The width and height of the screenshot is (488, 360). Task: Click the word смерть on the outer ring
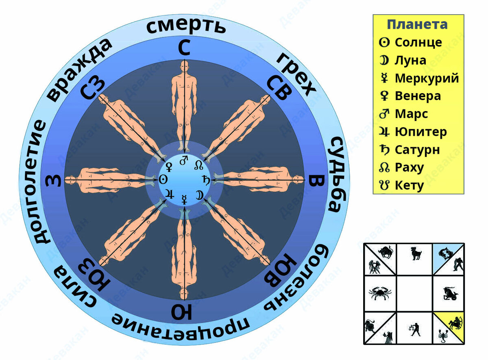pyautogui.click(x=185, y=26)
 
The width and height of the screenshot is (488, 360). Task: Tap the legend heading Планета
pyautogui.click(x=417, y=24)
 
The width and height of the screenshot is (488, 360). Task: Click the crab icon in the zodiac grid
pyautogui.click(x=379, y=292)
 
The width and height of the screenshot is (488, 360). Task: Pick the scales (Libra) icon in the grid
pyautogui.click(x=415, y=329)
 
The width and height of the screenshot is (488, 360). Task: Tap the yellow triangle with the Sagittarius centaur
pyautogui.click(x=456, y=323)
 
